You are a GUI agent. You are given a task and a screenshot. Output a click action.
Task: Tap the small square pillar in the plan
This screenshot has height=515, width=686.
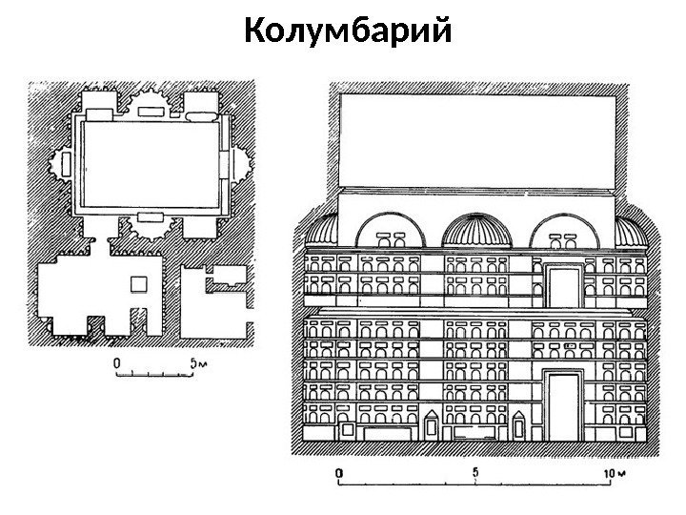pyautogui.click(x=139, y=284)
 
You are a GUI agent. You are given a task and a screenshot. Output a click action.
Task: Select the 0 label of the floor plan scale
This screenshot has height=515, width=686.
pyautogui.click(x=116, y=362)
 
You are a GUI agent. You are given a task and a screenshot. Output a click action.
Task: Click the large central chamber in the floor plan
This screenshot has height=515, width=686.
pyautogui.click(x=152, y=164)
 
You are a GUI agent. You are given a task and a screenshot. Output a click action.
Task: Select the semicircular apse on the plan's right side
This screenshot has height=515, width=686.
pyautogui.click(x=242, y=164)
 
